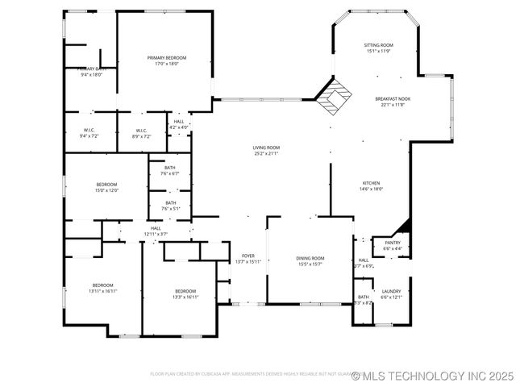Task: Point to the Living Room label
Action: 266,150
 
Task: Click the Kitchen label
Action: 370,185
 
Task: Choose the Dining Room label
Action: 310,260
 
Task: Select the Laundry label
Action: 392,293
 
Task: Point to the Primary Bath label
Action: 89,72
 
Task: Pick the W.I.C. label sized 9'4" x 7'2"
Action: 89,133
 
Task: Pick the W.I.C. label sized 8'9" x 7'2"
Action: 140,133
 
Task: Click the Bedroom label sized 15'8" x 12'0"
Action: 106,187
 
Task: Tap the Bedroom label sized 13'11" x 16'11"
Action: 102,288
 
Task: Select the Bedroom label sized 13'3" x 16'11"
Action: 185,293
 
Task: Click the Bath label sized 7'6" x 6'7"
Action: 170,171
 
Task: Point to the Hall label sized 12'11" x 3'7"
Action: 156,231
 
